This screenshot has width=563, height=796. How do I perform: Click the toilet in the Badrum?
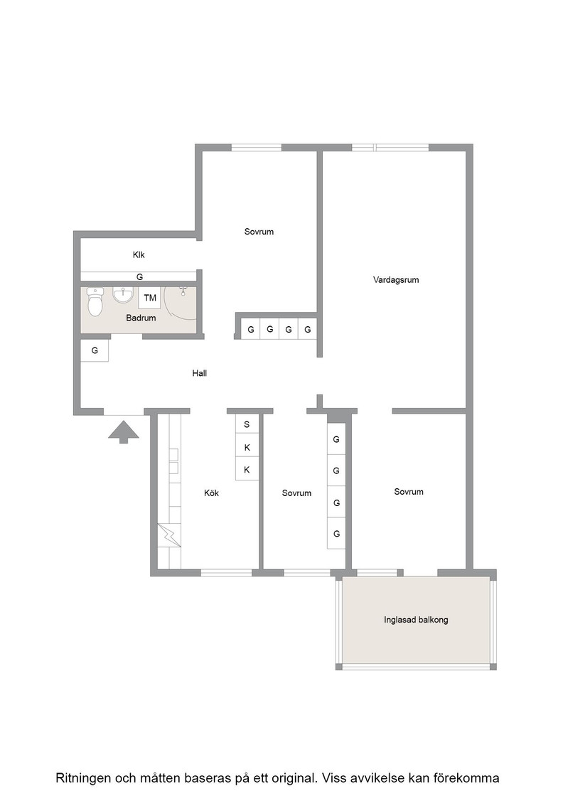95,301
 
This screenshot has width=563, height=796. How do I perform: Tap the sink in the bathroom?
123,294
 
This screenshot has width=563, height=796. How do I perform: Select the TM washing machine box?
150,298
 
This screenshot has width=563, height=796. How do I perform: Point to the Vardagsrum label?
396,280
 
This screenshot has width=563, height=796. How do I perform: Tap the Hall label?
200,373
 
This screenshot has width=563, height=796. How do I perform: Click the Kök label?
211,493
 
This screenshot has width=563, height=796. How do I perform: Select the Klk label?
139,255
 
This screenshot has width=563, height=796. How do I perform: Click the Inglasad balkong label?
416,620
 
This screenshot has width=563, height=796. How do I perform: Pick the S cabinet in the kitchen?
247,424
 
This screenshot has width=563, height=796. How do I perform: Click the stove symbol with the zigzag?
169,535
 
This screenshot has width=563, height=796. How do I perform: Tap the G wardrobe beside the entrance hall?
95,350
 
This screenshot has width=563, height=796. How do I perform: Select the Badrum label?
141,318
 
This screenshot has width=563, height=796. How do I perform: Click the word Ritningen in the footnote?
82,778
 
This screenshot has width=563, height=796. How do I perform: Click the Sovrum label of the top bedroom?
259,232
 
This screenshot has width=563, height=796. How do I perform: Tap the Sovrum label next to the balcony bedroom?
409,491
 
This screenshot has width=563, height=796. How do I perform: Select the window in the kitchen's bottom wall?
227,573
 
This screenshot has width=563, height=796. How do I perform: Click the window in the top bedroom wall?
257,148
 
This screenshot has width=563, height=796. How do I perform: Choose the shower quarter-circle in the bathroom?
181,303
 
